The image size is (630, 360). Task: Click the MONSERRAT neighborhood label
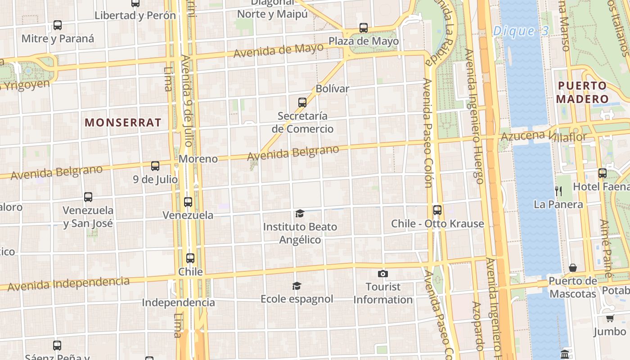[x=123, y=122]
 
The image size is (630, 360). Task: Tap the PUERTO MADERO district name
[x=583, y=92]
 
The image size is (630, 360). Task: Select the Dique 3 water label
[x=521, y=31]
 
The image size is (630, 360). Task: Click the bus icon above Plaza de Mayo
[x=364, y=28]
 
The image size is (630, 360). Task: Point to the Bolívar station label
[x=332, y=89]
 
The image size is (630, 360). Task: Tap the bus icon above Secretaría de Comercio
[x=302, y=103]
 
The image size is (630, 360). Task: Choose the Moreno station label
[x=198, y=159]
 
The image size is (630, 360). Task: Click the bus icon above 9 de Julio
[x=155, y=166]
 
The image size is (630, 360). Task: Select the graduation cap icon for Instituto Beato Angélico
[x=300, y=213]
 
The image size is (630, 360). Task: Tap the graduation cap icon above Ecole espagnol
[x=297, y=286]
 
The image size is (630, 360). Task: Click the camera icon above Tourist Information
[x=382, y=274]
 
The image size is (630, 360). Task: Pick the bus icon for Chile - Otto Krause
[x=437, y=210]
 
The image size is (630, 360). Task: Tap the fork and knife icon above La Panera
[x=558, y=191]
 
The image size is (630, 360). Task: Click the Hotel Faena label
[x=601, y=186]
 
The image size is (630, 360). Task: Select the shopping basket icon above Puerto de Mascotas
[x=573, y=268]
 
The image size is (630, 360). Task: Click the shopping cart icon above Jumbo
[x=610, y=319]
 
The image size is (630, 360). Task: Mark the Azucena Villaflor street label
[x=544, y=136]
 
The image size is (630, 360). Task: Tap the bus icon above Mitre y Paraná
[x=58, y=25]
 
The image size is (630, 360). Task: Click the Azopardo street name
[x=477, y=326]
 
